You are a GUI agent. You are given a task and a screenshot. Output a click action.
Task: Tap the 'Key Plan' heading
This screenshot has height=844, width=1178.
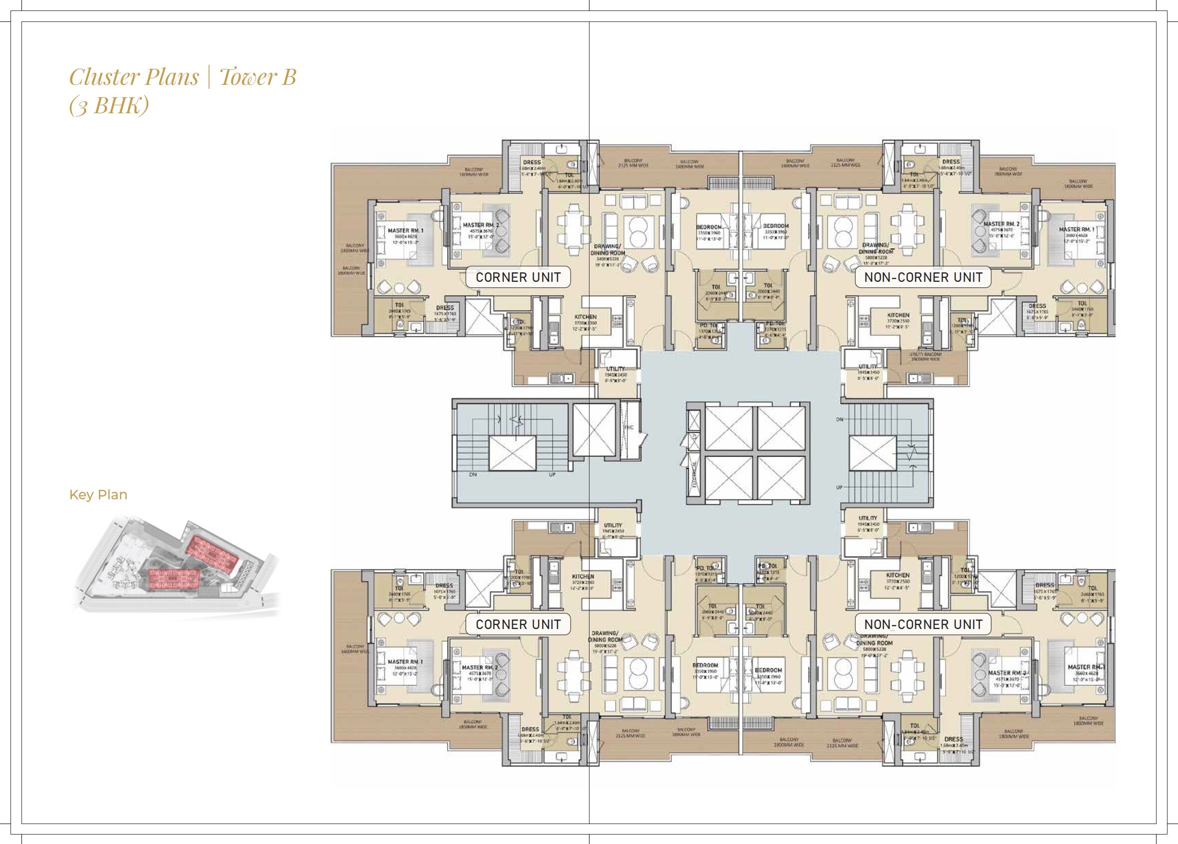98,495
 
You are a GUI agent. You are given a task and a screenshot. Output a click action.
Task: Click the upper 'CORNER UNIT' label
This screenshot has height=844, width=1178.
518,277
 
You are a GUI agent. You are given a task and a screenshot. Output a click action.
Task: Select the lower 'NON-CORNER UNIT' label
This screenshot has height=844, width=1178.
923,624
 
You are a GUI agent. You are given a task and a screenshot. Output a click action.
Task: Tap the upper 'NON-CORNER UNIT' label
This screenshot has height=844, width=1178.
923,277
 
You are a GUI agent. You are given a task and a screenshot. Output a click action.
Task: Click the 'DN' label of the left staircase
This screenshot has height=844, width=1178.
473,474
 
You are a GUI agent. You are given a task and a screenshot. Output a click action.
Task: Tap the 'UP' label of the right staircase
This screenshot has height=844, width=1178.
840,488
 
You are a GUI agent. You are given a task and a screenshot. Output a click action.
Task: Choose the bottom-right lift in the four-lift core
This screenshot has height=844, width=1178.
780,480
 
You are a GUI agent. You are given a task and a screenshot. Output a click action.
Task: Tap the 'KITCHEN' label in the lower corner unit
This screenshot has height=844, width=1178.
584,576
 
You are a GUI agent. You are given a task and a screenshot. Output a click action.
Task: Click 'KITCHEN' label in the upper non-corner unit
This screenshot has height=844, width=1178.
898,315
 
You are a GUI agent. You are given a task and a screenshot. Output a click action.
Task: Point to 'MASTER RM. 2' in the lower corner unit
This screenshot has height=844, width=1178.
479,667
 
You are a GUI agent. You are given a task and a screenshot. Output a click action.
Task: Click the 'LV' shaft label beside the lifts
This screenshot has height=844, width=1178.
694,437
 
